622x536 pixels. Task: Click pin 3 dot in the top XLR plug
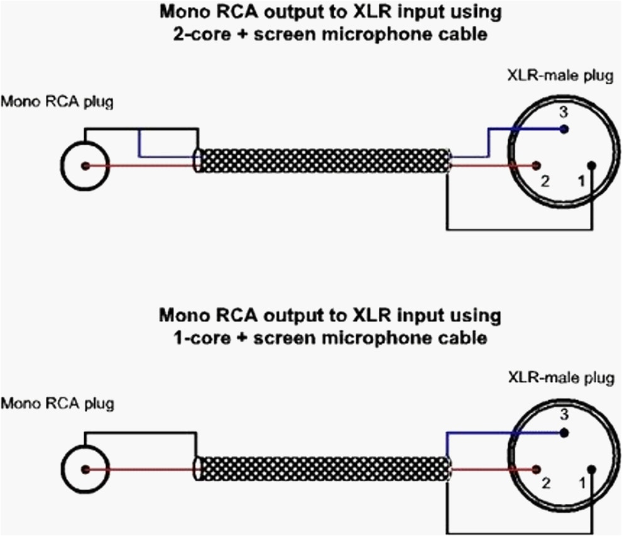[x=565, y=130]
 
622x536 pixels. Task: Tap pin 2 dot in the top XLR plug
[x=536, y=166]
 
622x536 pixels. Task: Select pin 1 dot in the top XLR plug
[x=593, y=166]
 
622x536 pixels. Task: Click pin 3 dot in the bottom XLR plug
[x=565, y=433]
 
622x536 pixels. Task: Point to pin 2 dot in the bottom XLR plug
[x=536, y=469]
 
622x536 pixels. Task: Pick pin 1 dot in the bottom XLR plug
[x=593, y=469]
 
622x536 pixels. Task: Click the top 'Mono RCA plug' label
[x=57, y=101]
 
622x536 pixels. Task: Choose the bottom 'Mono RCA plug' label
[x=57, y=403]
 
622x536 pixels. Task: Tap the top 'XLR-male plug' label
[x=560, y=75]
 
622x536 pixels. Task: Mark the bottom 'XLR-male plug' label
[x=560, y=378]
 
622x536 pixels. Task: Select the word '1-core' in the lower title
[x=199, y=337]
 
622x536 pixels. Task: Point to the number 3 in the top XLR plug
[x=564, y=113]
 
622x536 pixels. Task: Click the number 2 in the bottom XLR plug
[x=545, y=484]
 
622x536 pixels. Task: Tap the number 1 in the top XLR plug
[x=581, y=181]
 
